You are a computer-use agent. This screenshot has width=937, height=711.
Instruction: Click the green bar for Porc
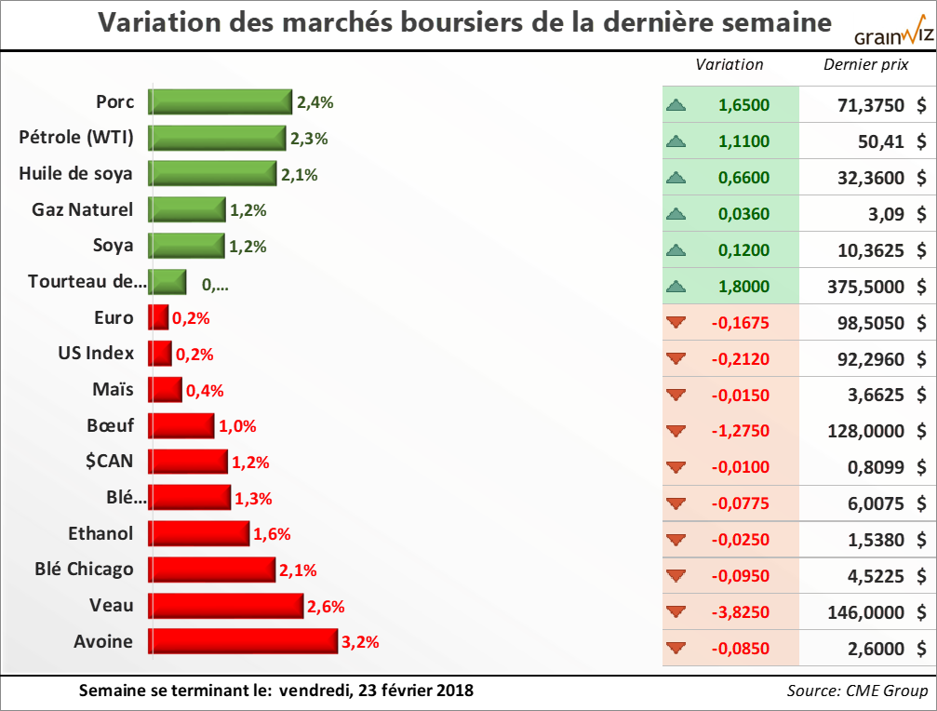pyautogui.click(x=221, y=102)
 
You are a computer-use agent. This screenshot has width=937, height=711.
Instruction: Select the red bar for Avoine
pyautogui.click(x=243, y=641)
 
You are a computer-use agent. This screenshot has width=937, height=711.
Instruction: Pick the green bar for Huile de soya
pyautogui.click(x=212, y=174)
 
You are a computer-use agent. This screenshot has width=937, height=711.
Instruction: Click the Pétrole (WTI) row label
pyautogui.click(x=76, y=138)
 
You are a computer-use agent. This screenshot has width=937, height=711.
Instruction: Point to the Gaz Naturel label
pyautogui.click(x=82, y=209)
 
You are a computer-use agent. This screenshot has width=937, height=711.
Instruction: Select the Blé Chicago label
pyautogui.click(x=84, y=569)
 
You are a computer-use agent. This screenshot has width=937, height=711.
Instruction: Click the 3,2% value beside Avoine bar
pyautogui.click(x=360, y=642)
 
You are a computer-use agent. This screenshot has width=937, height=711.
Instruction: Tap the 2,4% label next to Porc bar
pyautogui.click(x=315, y=102)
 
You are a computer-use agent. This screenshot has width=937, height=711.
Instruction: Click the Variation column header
pyautogui.click(x=730, y=64)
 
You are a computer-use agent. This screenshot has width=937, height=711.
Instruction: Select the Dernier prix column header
pyautogui.click(x=866, y=64)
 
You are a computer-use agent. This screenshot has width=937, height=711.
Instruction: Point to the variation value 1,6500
pyautogui.click(x=744, y=105)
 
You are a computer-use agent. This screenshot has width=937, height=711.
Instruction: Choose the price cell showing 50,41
pyautogui.click(x=880, y=141)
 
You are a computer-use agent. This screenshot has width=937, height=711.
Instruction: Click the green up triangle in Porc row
pyautogui.click(x=676, y=105)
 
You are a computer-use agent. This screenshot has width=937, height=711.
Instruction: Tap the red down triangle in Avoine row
pyautogui.click(x=676, y=648)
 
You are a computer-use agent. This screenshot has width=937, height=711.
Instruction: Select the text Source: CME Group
pyautogui.click(x=857, y=691)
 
